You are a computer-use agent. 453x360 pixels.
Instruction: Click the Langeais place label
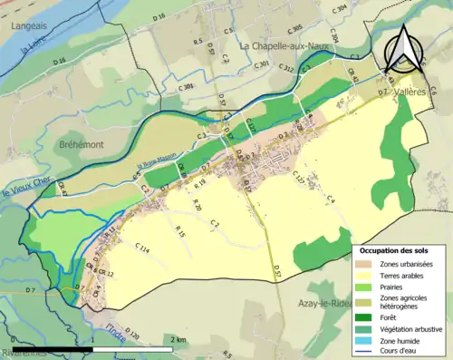(29, 26)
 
